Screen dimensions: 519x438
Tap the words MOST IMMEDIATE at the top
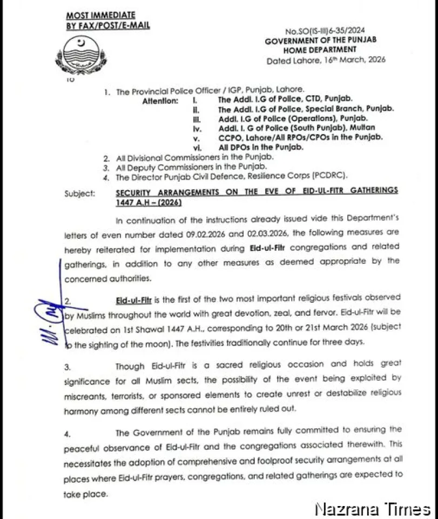[100, 15]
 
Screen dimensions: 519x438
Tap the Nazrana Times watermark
[373, 508]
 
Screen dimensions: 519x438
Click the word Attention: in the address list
[160, 101]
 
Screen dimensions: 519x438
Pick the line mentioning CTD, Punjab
[285, 99]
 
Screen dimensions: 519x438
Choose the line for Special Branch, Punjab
[306, 109]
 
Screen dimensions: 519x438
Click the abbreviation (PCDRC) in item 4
[328, 176]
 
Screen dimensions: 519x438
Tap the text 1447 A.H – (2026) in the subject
[148, 201]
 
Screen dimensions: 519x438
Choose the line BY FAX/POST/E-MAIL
[107, 25]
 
